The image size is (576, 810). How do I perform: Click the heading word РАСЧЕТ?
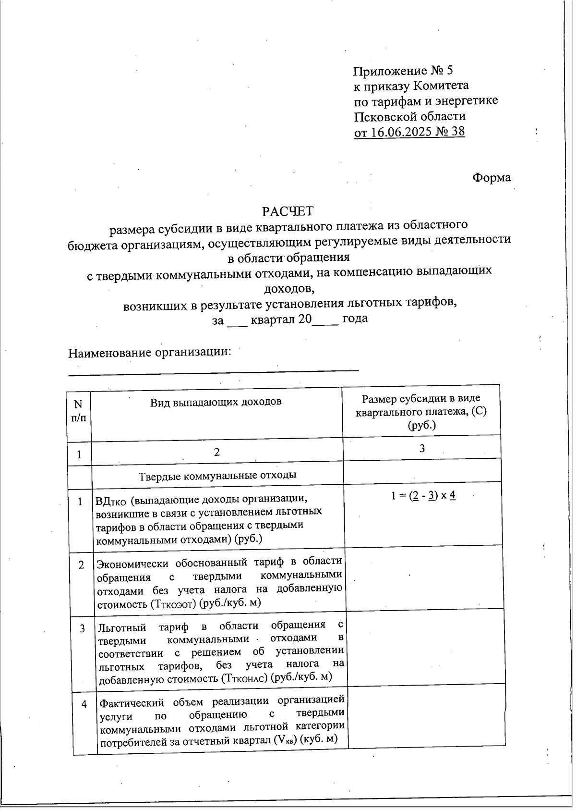tap(287, 211)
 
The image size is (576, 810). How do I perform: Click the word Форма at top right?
tap(492, 177)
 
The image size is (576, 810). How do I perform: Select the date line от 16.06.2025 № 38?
tap(409, 131)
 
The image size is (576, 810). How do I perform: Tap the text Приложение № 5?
tap(403, 71)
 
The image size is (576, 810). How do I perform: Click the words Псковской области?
tap(409, 116)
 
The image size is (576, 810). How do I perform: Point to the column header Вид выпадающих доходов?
tap(216, 402)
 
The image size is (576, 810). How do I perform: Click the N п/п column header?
tap(79, 411)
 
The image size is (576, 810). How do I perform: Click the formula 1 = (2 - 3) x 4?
tap(423, 495)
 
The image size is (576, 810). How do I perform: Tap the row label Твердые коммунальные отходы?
tap(217, 475)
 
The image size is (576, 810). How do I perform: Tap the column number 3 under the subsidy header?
tap(421, 448)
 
